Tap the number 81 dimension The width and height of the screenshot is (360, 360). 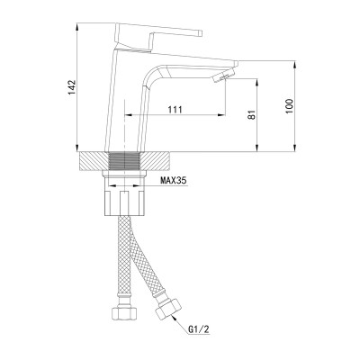click(x=251, y=114)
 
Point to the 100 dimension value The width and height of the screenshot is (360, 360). click(x=288, y=107)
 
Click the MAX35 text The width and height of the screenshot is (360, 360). click(x=175, y=181)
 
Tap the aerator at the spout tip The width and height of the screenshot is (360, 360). click(x=218, y=79)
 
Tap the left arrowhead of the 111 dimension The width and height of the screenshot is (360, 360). click(x=126, y=117)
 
